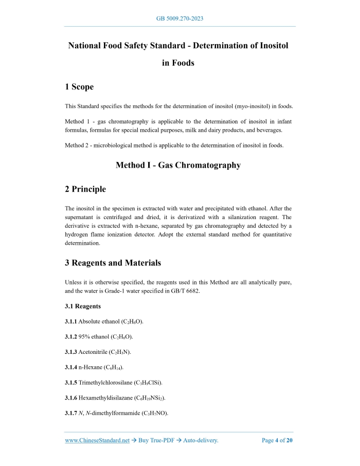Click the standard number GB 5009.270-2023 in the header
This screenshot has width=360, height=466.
tap(180, 19)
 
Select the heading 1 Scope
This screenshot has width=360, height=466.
tap(79, 87)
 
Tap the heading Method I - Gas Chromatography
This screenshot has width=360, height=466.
tap(178, 165)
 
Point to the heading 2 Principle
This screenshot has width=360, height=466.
tap(85, 189)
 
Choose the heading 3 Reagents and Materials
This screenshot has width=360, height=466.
tap(113, 263)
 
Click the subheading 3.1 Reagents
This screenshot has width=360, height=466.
tap(83, 307)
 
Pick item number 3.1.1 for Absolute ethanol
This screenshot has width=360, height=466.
tap(70, 321)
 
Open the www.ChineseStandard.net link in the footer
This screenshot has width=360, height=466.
tap(97, 440)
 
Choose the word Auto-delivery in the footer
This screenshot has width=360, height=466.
tap(200, 440)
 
